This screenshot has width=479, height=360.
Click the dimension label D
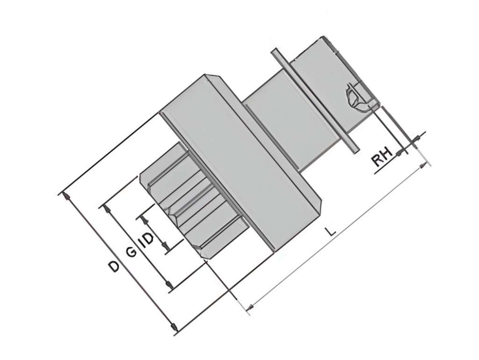114,266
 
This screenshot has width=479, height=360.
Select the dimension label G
131,252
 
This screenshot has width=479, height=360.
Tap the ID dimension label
145,239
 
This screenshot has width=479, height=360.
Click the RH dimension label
382,157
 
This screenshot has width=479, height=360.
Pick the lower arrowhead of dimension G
168,285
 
